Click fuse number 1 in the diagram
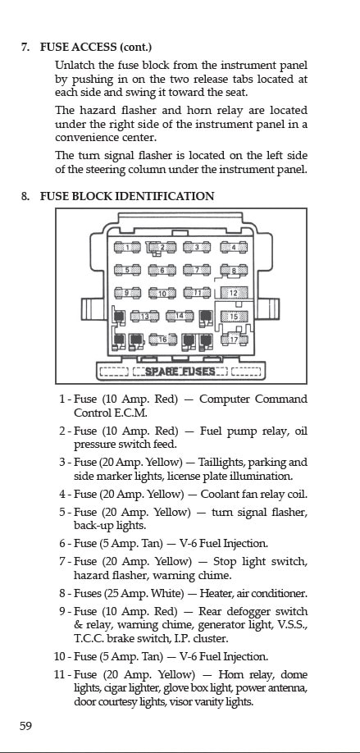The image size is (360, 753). [x=127, y=248]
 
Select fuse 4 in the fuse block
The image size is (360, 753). [x=234, y=248]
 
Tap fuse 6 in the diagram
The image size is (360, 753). [x=162, y=271]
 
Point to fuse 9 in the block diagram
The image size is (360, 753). [x=127, y=293]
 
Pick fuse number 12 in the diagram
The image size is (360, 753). [x=234, y=293]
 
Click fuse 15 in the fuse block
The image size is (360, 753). [x=234, y=317]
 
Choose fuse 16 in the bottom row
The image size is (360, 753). [x=163, y=340]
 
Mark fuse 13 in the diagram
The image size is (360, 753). [x=144, y=316]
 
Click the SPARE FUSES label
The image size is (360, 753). [x=180, y=372]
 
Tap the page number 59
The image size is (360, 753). [x=26, y=726]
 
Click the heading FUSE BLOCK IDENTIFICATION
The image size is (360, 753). [x=127, y=196]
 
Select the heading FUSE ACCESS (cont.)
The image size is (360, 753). [x=96, y=47]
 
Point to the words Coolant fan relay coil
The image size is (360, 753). [x=254, y=494]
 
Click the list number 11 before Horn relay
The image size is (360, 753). [x=59, y=675]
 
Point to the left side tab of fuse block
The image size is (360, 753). [x=93, y=308]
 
